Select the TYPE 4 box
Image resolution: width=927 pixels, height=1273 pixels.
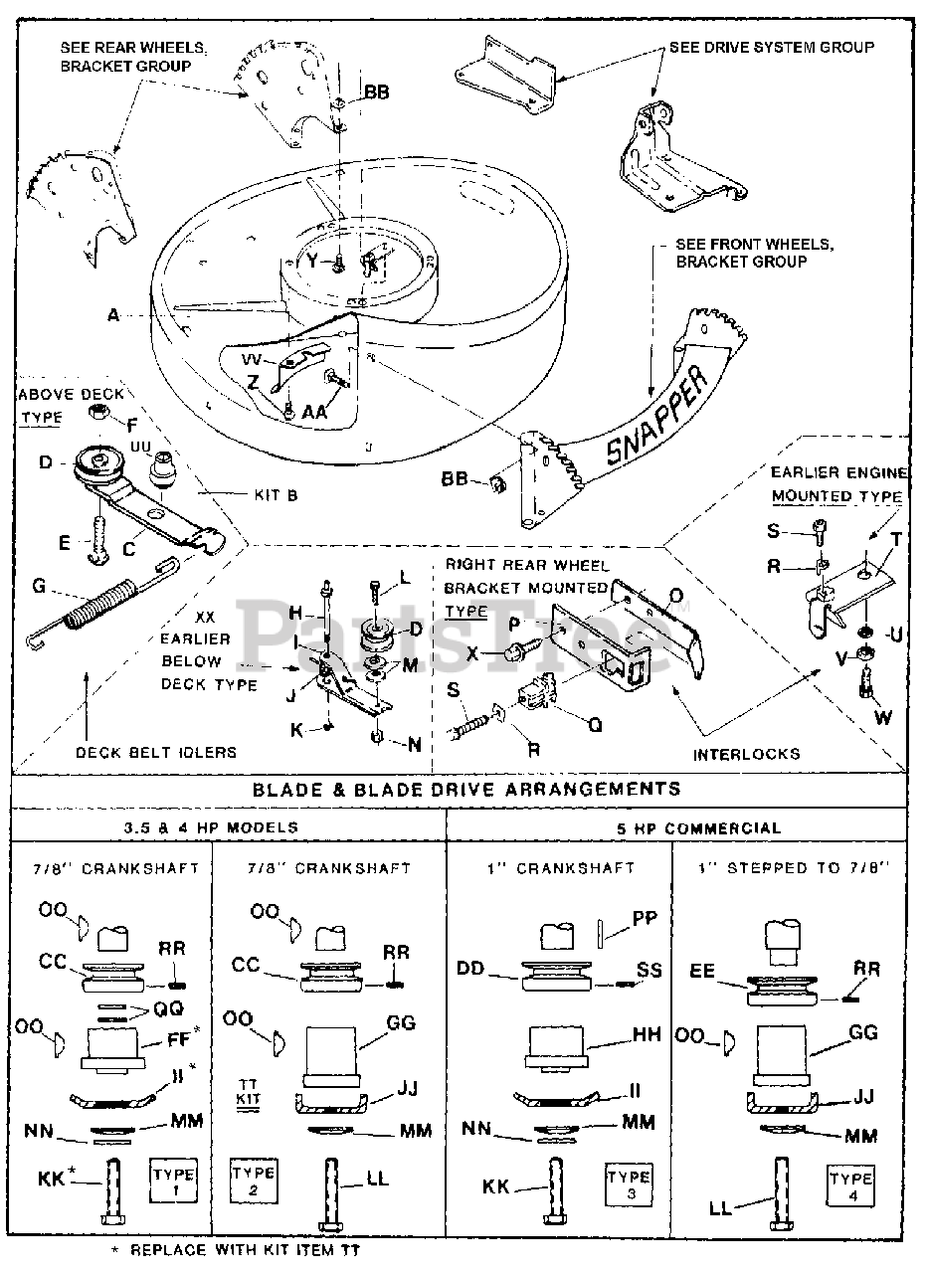click(x=851, y=1186)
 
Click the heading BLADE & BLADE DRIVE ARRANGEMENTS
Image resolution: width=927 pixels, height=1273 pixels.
click(x=467, y=789)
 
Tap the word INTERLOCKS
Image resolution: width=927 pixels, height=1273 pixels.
click(x=746, y=754)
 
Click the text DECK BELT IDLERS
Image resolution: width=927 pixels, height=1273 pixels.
click(x=157, y=752)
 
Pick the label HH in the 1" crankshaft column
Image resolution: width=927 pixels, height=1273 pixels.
click(x=647, y=1035)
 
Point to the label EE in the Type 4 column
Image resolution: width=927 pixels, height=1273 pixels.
click(x=703, y=971)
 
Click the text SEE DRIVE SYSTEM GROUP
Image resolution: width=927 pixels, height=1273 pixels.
click(x=772, y=47)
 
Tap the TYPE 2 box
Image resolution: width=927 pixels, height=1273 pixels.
click(x=253, y=1181)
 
